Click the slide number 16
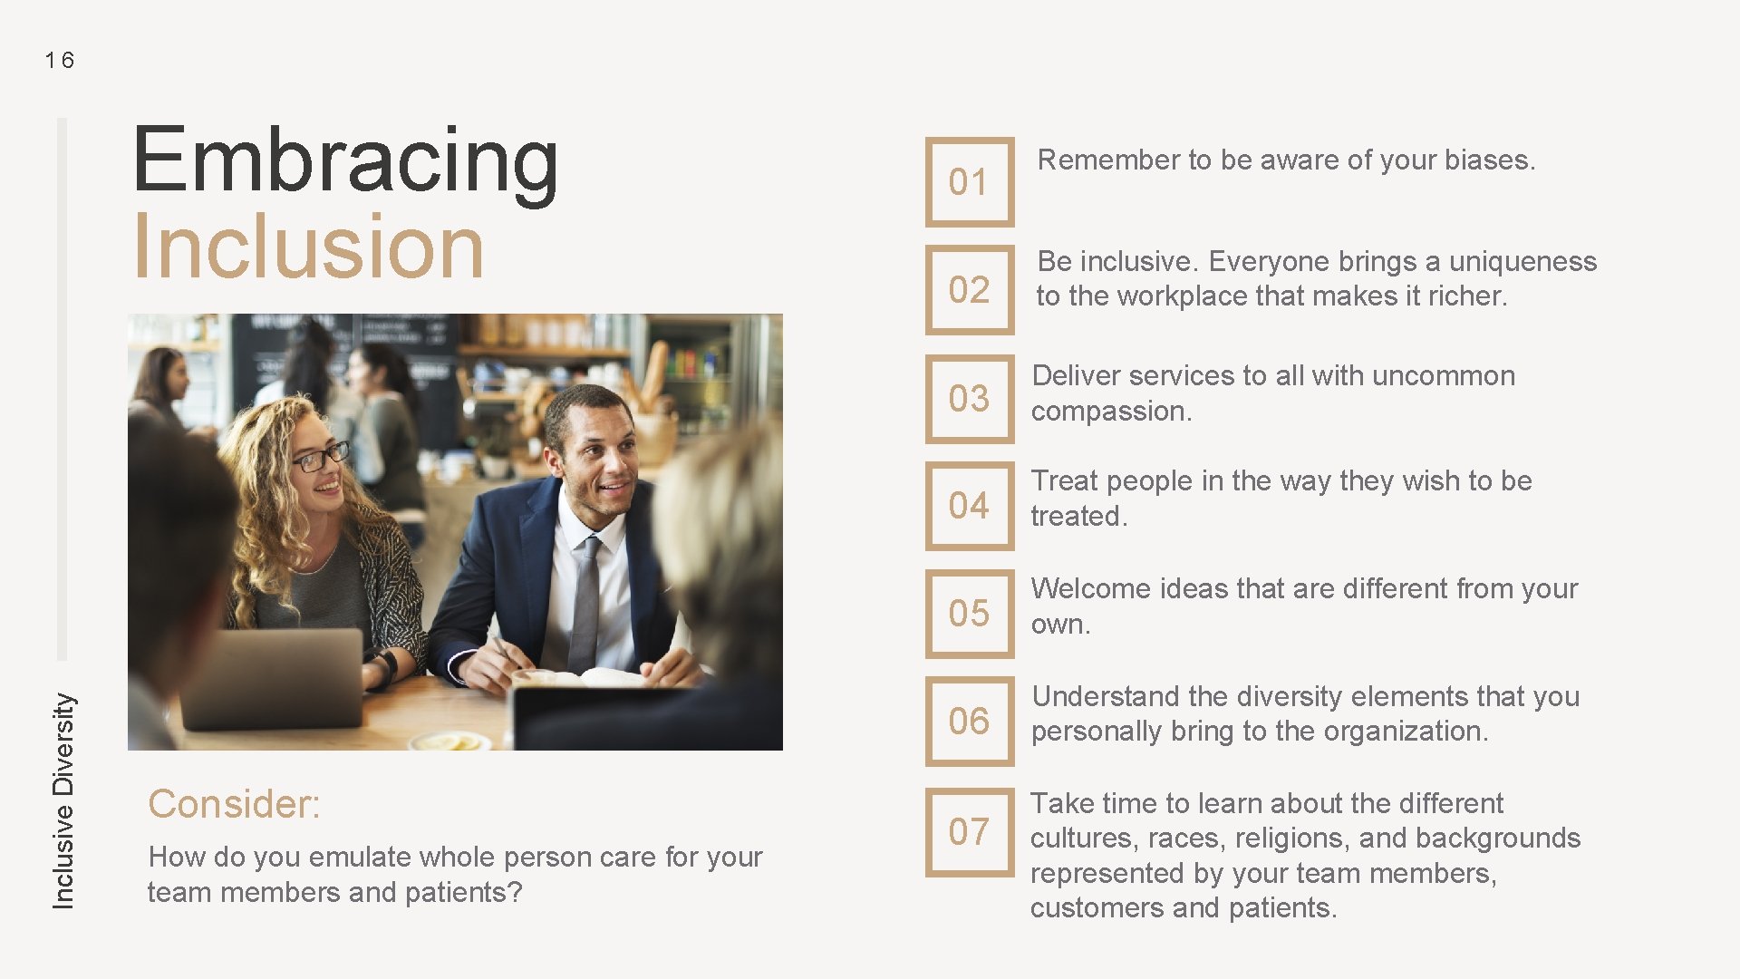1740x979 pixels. click(x=60, y=61)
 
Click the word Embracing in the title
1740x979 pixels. click(x=345, y=161)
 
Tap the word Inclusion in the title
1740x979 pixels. click(x=308, y=247)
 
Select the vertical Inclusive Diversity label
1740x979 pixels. click(x=63, y=800)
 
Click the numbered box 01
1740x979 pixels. click(x=969, y=182)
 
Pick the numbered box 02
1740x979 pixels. click(x=969, y=290)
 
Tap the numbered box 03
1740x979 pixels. click(x=969, y=399)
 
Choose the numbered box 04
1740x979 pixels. click(x=969, y=506)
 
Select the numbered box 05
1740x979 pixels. click(x=969, y=614)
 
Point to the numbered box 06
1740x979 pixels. click(x=969, y=722)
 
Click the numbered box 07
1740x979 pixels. click(x=969, y=832)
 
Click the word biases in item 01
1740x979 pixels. click(x=1486, y=160)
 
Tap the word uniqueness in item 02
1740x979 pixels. click(x=1522, y=262)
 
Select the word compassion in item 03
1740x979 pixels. click(x=1109, y=412)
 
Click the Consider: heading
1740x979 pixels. click(x=234, y=804)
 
